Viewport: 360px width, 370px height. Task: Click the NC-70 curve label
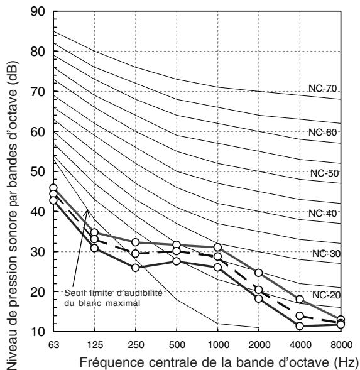click(322, 88)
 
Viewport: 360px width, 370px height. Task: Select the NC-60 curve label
click(322, 133)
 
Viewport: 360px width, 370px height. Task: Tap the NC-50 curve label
click(325, 173)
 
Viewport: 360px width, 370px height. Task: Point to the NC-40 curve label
click(322, 214)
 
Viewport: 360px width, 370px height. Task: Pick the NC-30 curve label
click(326, 254)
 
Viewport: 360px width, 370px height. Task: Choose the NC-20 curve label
click(326, 295)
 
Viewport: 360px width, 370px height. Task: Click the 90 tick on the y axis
click(38, 11)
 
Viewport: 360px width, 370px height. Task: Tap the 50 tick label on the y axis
click(38, 171)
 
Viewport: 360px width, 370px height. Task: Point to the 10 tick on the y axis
click(38, 332)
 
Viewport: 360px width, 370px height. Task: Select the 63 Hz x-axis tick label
click(54, 345)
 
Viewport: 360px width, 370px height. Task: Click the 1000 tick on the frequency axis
click(219, 345)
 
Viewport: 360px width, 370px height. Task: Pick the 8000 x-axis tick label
click(341, 345)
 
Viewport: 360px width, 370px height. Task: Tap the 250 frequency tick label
click(136, 345)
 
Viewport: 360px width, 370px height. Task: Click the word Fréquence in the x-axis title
click(111, 362)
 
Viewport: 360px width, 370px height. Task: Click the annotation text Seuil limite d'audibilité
click(113, 293)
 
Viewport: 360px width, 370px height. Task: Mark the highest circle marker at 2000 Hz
click(259, 273)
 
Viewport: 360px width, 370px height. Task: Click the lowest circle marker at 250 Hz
click(136, 268)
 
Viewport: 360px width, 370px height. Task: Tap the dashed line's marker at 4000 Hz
click(300, 316)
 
